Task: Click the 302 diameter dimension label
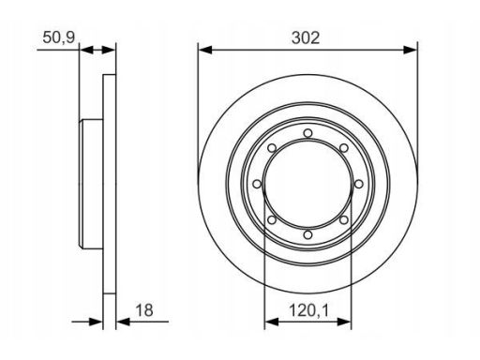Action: click(306, 38)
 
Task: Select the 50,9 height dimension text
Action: click(59, 37)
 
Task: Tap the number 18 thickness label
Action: click(144, 310)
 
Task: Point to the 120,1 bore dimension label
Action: click(308, 310)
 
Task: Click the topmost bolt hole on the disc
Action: click(307, 133)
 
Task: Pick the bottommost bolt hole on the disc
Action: click(307, 234)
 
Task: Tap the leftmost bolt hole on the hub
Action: click(257, 184)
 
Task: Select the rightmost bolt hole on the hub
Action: click(359, 184)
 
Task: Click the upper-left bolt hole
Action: click(272, 148)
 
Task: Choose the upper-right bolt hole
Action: click(344, 148)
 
